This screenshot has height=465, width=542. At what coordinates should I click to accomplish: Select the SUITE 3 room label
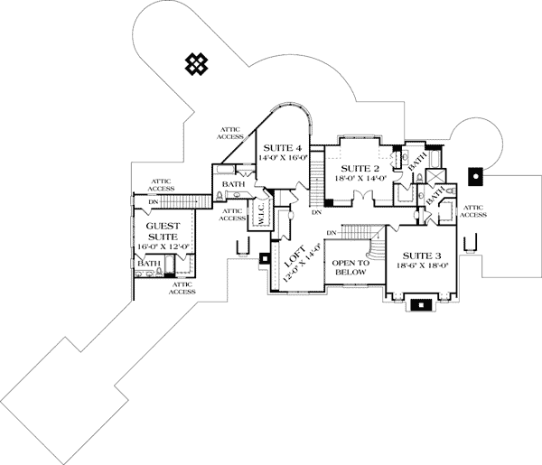[x=422, y=255]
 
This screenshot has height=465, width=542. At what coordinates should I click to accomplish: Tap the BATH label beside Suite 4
[x=234, y=184]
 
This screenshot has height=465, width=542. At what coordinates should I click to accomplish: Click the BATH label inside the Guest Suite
[x=149, y=264]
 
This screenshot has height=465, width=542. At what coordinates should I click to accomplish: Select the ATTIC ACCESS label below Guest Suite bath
[x=182, y=288]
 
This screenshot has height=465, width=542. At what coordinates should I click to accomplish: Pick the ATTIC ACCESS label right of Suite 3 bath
[x=473, y=210]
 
